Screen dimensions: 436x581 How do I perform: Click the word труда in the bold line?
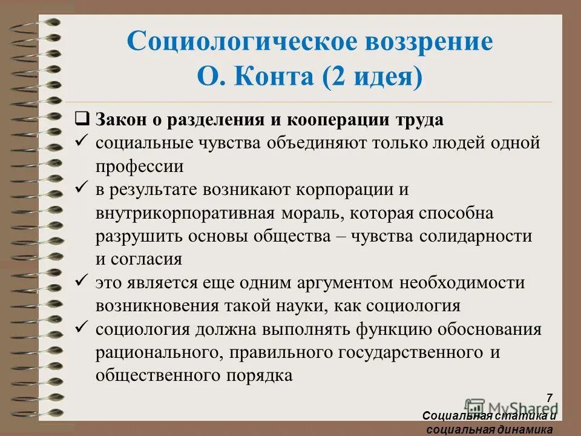click(x=421, y=119)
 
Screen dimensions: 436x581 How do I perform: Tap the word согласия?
click(x=147, y=260)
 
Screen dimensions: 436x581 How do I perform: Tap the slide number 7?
click(x=550, y=398)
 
